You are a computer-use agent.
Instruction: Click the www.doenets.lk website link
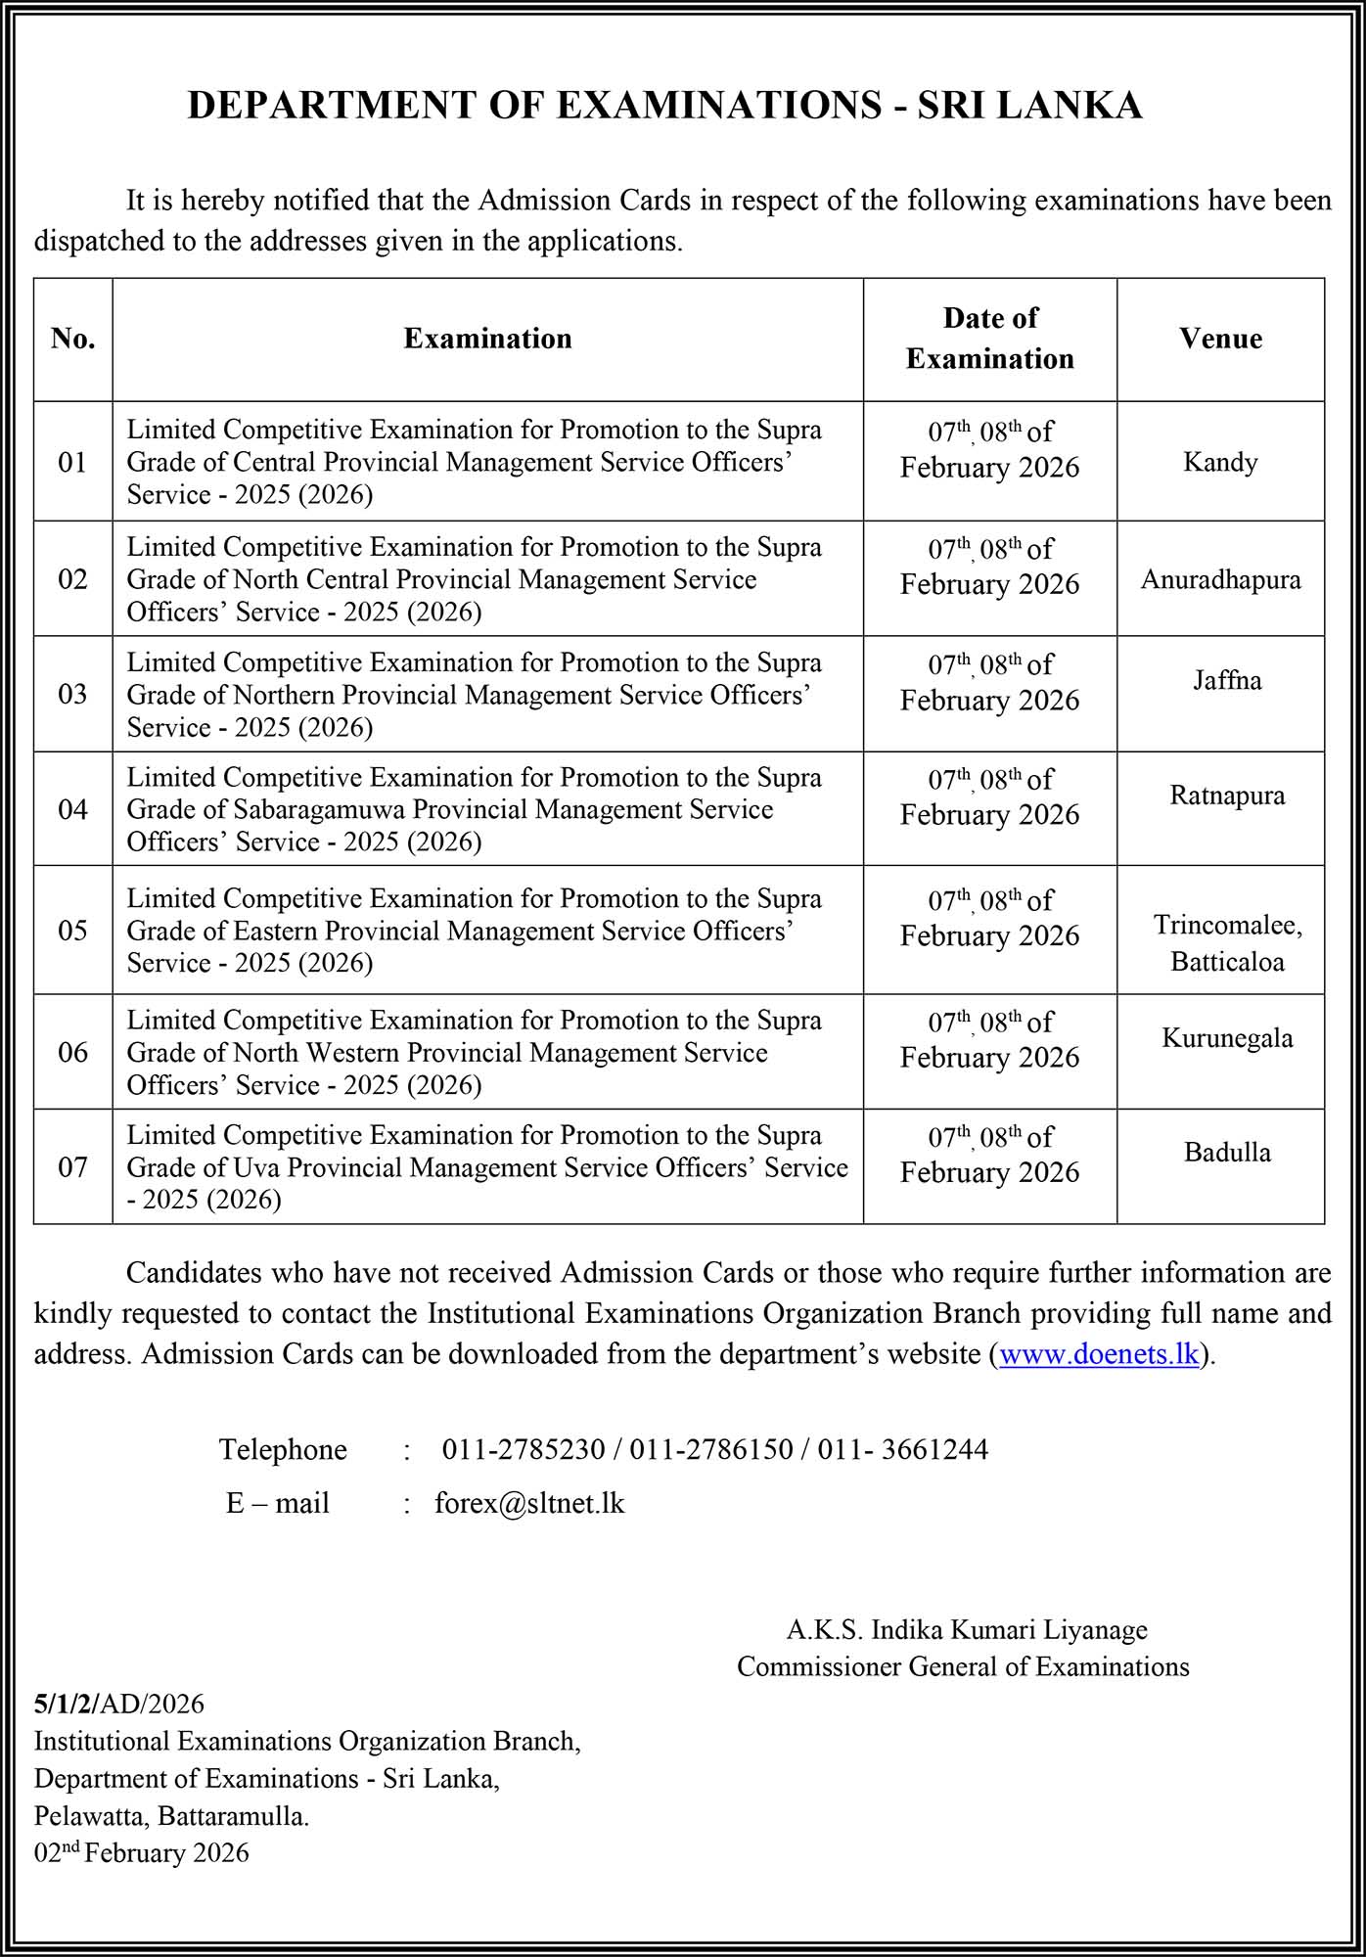tap(1099, 1354)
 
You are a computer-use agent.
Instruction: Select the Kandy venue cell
tap(1220, 462)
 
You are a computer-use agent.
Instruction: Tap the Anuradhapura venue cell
tap(1220, 579)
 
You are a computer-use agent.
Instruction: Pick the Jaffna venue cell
tap(1227, 680)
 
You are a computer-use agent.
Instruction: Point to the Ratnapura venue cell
tap(1227, 796)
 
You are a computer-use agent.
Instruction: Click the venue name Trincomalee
tap(1227, 925)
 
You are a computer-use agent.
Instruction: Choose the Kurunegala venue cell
tap(1227, 1038)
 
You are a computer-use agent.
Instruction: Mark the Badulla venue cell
tap(1227, 1153)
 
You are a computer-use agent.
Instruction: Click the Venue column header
tap(1220, 339)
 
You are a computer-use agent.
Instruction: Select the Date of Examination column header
tap(989, 339)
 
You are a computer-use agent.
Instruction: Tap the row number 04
tap(73, 809)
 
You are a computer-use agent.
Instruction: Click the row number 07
tap(73, 1167)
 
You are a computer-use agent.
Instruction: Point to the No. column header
tap(73, 339)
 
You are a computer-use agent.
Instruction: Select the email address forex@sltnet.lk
tap(529, 1503)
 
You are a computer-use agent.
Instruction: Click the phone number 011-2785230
tap(524, 1449)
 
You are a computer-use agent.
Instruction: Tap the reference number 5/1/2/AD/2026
tap(119, 1704)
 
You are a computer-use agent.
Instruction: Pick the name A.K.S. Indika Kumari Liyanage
tap(967, 1629)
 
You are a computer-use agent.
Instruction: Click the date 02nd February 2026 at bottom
tap(142, 1852)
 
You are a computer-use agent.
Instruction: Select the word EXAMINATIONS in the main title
tap(719, 106)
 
